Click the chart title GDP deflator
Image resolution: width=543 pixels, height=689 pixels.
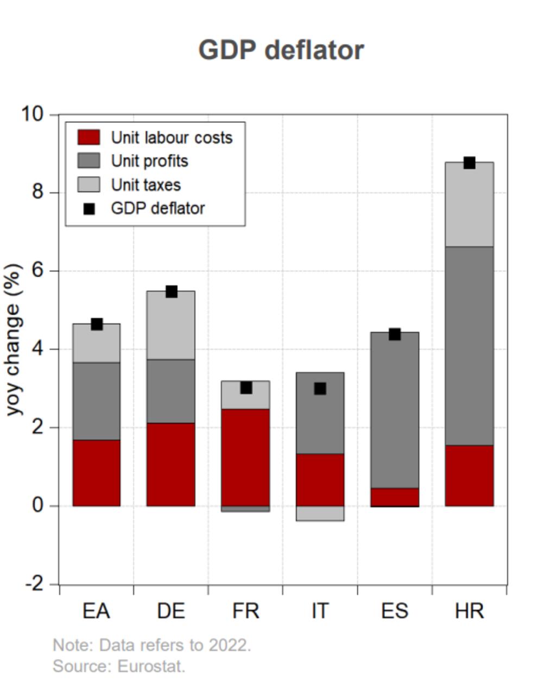(281, 50)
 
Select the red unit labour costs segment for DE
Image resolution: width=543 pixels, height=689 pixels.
(171, 464)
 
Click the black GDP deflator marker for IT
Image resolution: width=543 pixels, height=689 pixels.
(320, 389)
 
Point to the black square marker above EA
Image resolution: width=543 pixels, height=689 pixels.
(97, 324)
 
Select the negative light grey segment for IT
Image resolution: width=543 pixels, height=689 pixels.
(320, 513)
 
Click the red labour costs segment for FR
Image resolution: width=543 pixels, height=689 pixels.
(245, 457)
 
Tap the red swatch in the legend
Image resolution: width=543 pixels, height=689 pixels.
(89, 137)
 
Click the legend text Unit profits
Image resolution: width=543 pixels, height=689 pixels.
(149, 161)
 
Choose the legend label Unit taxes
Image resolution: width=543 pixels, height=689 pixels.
(146, 185)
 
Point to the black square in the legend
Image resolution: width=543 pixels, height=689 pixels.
(89, 209)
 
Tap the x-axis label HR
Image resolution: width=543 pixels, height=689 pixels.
(469, 611)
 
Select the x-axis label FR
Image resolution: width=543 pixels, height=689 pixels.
(245, 611)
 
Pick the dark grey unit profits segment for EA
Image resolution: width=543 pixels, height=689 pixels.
(97, 401)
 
